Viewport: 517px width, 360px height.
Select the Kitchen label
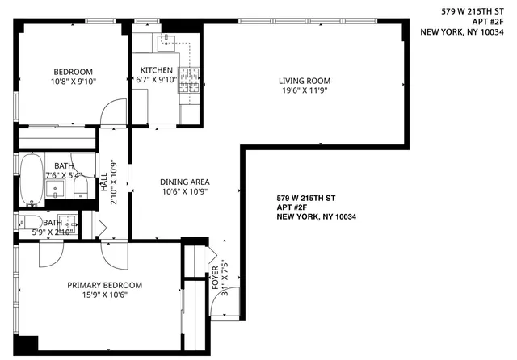point(156,69)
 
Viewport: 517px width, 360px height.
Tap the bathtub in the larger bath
point(31,177)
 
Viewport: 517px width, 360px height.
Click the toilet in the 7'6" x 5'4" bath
point(80,188)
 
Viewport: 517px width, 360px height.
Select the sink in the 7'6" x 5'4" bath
point(57,190)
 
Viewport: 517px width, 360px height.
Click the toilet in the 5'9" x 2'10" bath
point(27,223)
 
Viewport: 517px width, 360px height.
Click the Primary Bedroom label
point(105,285)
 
